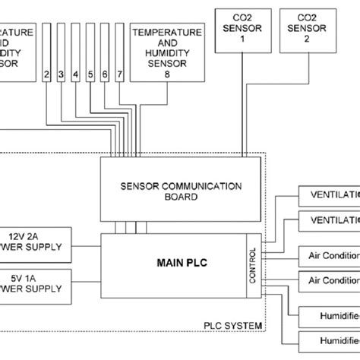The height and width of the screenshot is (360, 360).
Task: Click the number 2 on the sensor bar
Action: [47, 74]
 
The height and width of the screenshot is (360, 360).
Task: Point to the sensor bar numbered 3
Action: [62, 74]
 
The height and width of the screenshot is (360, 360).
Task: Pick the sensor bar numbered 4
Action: [76, 74]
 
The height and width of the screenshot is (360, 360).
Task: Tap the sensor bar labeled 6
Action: [105, 74]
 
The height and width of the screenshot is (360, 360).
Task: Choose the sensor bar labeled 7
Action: [118, 74]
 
